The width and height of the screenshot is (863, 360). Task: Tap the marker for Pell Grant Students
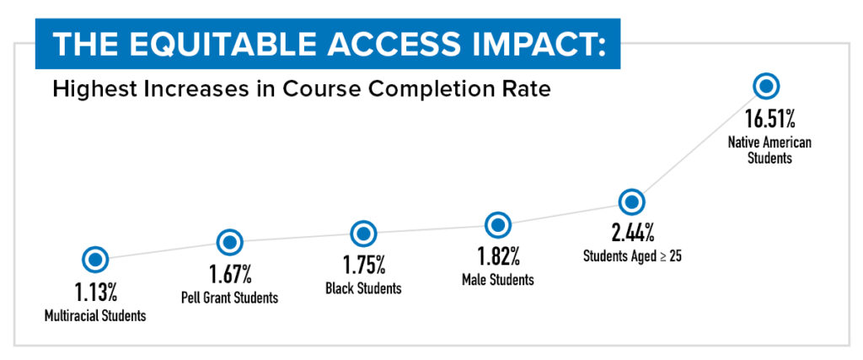tap(229, 242)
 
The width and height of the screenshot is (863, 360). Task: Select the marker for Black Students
tap(363, 234)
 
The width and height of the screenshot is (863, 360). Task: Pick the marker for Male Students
tap(498, 225)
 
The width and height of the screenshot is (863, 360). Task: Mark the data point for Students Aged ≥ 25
tap(632, 202)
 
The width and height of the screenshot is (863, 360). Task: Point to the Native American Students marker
tap(767, 86)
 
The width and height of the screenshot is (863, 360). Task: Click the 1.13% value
tap(94, 293)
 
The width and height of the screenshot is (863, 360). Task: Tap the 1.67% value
tap(229, 275)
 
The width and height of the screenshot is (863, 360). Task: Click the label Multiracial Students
tap(94, 316)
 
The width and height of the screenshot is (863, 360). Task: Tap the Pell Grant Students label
tap(229, 298)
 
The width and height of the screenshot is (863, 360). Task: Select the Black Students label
tap(363, 288)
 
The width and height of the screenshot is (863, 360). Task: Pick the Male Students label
tap(498, 279)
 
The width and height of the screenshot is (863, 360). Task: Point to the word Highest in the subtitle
tap(89, 89)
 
